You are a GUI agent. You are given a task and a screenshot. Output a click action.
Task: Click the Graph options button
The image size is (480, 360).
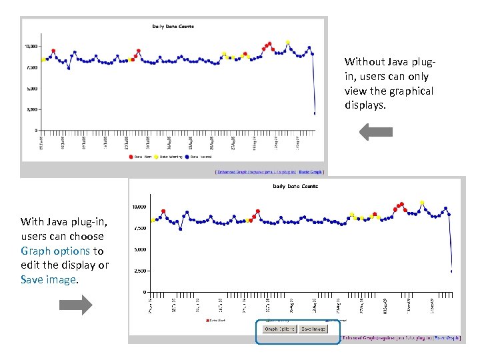click(279, 329)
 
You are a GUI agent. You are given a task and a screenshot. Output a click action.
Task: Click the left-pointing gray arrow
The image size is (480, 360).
click(376, 131)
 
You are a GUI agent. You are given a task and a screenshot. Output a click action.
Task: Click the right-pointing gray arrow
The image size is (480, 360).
click(76, 305)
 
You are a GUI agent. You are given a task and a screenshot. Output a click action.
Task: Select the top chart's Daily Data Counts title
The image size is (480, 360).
click(173, 27)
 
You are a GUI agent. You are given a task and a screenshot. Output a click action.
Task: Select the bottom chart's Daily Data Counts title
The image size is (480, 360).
click(295, 186)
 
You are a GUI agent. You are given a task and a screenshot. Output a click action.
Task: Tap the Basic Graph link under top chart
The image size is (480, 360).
click(311, 171)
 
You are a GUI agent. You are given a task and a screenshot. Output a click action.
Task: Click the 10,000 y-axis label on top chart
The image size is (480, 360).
click(31, 46)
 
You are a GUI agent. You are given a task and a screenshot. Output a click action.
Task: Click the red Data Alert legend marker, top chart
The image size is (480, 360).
click(131, 157)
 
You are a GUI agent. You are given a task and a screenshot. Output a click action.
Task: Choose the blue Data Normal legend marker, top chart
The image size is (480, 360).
click(187, 157)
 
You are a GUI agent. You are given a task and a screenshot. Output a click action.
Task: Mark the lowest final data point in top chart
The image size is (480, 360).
click(315, 113)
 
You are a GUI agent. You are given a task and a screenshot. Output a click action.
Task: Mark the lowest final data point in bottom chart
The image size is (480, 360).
click(452, 271)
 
